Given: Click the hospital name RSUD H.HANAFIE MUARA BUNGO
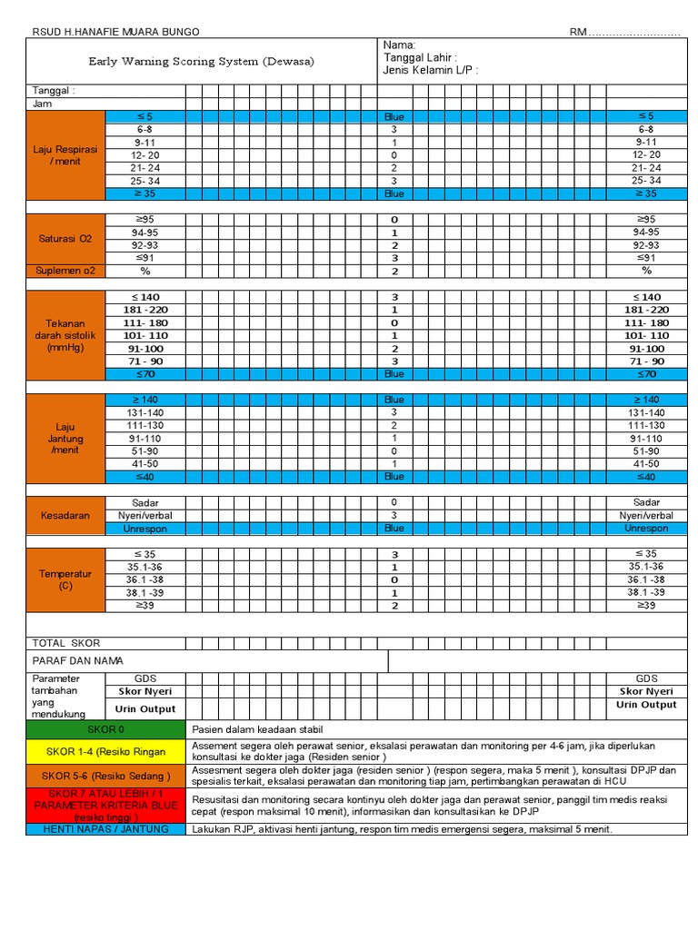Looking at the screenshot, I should [115, 32].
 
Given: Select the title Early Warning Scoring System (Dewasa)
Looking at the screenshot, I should [201, 61].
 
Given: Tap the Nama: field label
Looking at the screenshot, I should [399, 45].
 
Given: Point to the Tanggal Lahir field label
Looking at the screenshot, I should [425, 57].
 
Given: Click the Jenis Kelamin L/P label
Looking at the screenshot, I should [430, 70].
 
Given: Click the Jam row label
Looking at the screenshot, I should [43, 104].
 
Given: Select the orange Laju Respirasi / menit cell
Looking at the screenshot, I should [65, 155].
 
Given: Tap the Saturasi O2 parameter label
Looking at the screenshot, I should [65, 239].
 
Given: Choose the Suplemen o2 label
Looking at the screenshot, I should [65, 271].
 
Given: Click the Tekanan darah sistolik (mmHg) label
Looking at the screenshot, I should [65, 335].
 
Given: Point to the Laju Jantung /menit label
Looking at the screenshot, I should [65, 438].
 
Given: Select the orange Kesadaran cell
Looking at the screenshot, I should [65, 515].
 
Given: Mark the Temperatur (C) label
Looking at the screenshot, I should [65, 579].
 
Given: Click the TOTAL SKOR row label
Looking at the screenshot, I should [66, 643].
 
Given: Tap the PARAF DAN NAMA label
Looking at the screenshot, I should [77, 660].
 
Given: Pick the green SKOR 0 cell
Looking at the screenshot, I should [105, 729].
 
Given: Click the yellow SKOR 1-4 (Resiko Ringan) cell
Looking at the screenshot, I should [105, 751].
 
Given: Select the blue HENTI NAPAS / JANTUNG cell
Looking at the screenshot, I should [105, 829].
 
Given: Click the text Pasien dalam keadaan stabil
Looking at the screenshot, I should [257, 729].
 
